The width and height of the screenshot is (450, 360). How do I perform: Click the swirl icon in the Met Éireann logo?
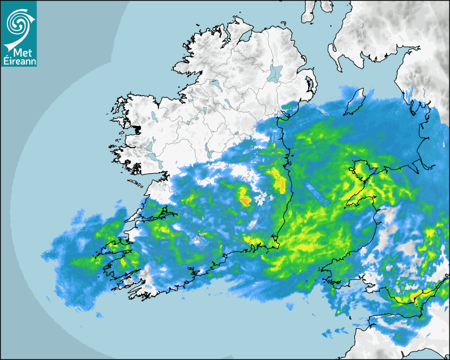pyautogui.click(x=19, y=24)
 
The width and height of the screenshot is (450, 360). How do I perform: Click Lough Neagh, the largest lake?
pyautogui.click(x=275, y=72)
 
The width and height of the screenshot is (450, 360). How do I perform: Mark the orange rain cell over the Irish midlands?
pyautogui.click(x=245, y=201)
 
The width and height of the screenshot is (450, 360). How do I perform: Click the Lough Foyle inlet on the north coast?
pyautogui.click(x=245, y=36)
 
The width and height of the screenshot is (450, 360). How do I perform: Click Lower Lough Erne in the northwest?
pyautogui.click(x=214, y=83)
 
